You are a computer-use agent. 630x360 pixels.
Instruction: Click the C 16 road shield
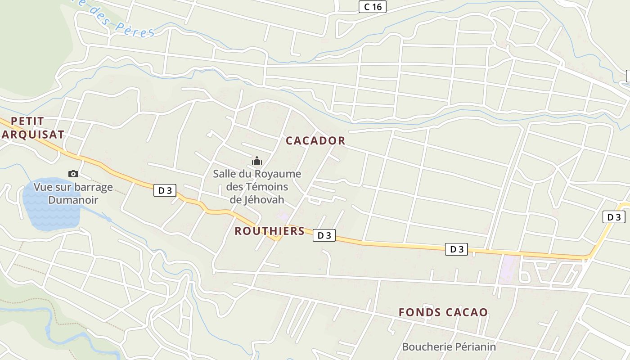coord(373,7)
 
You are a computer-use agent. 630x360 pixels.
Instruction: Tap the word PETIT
coord(27,121)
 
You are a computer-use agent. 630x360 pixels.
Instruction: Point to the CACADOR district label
coord(315,141)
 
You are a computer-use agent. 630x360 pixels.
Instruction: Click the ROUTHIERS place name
coord(270,231)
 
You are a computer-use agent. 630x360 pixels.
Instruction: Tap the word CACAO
coord(467,312)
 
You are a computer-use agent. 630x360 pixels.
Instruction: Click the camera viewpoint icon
coord(73,174)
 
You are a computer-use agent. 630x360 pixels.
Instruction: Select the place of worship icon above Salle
coord(257,161)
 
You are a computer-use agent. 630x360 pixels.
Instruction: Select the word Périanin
coord(475,347)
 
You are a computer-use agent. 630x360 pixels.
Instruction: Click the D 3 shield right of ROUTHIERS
coord(324,235)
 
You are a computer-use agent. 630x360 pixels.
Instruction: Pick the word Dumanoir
coord(73,200)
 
